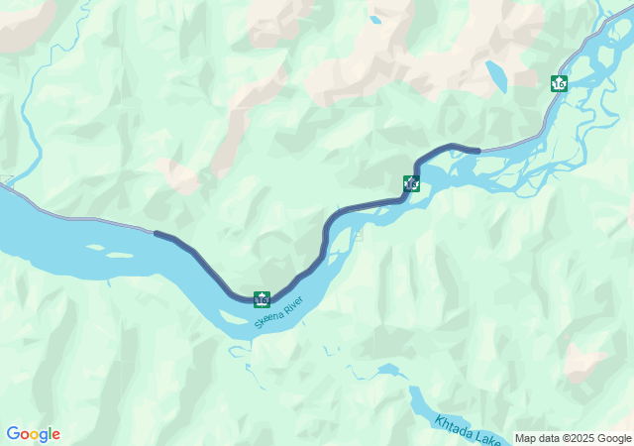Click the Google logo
[x=33, y=434]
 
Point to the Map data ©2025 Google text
[x=572, y=438]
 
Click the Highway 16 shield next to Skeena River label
[x=262, y=298]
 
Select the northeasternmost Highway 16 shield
[x=560, y=84]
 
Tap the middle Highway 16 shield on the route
[x=411, y=183]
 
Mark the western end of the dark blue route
[x=157, y=234]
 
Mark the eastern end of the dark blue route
[x=478, y=150]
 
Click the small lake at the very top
[x=374, y=19]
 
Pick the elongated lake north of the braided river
[x=495, y=75]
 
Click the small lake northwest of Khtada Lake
[x=387, y=370]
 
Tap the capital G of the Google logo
[x=13, y=434]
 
